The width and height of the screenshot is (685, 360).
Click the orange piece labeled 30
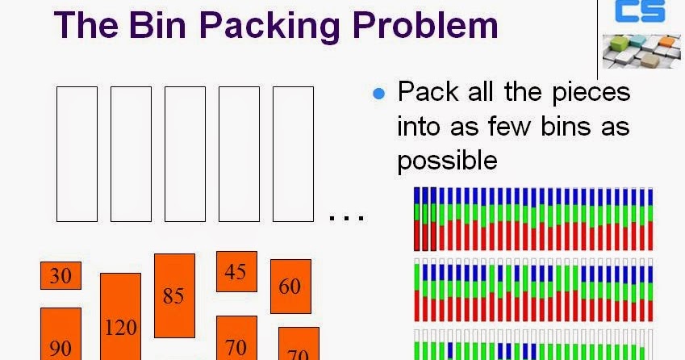(x=61, y=276)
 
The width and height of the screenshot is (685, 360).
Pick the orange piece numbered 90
(x=61, y=334)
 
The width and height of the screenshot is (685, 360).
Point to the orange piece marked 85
(x=173, y=295)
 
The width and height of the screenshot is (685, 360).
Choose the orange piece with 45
(x=236, y=271)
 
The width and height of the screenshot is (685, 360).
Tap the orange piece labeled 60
(x=290, y=286)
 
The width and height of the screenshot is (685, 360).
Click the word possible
(x=446, y=161)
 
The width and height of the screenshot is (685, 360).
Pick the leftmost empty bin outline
(x=77, y=154)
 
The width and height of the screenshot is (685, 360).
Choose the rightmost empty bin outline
(x=293, y=154)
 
